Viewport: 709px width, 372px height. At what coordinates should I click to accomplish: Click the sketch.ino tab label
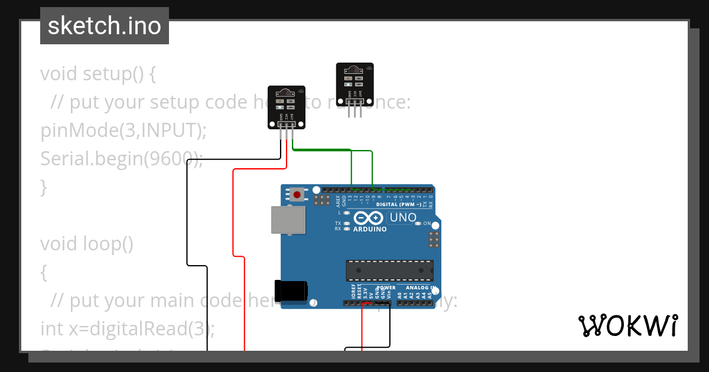pos(105,27)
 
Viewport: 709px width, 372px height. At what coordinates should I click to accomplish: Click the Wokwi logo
pos(627,326)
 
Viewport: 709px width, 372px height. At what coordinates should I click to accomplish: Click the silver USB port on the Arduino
pos(288,220)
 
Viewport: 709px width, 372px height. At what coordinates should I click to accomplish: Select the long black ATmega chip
pos(389,270)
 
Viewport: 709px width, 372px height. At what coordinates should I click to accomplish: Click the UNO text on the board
pos(403,218)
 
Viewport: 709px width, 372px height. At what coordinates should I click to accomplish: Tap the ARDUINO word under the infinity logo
pos(370,229)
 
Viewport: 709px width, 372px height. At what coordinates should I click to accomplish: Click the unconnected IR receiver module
pos(354,81)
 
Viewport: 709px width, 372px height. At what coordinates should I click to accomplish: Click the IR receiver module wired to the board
pos(287,105)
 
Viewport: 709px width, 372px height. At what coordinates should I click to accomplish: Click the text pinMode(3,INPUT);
pos(123,130)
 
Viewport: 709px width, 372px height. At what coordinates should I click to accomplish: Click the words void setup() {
pos(97,74)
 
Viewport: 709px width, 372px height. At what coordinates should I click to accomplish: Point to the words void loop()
pos(87,244)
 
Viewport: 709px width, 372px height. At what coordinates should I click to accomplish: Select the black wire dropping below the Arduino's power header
pos(390,325)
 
